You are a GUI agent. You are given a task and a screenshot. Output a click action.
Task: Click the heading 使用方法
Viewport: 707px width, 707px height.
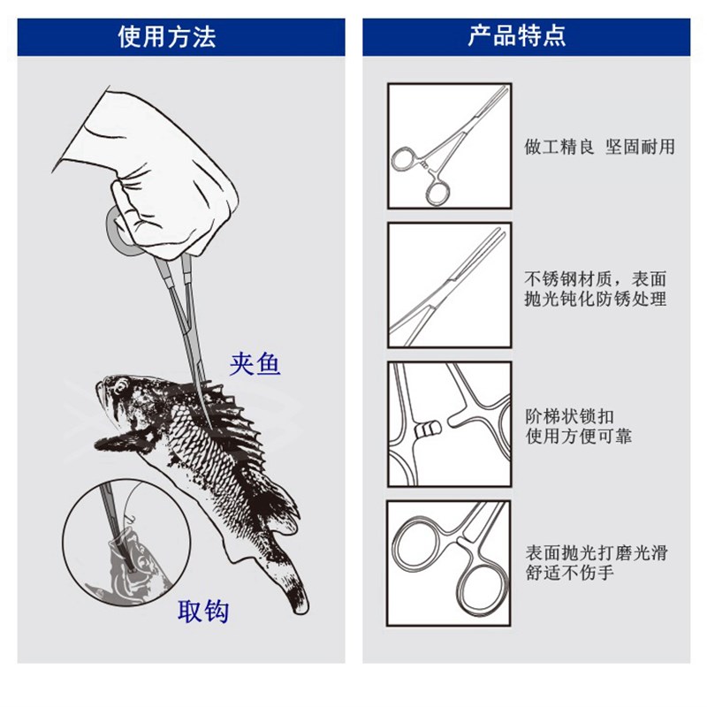(x=167, y=36)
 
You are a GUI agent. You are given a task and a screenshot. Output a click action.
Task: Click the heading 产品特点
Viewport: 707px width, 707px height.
(x=517, y=36)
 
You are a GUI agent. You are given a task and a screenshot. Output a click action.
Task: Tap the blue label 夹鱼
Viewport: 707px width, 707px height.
(x=255, y=363)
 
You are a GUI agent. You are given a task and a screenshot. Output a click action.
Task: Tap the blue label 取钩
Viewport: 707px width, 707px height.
(x=203, y=612)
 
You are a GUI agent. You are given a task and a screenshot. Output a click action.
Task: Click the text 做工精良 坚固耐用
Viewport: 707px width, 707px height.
(x=599, y=147)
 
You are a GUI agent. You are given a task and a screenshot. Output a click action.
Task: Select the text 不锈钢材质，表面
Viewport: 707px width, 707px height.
(x=596, y=276)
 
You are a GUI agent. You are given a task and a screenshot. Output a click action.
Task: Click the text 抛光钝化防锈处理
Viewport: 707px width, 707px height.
(x=596, y=299)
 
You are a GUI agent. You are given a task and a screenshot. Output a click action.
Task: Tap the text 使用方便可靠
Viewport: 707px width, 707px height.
(x=579, y=437)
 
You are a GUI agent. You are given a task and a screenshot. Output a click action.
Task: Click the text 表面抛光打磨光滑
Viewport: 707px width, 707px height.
(x=596, y=553)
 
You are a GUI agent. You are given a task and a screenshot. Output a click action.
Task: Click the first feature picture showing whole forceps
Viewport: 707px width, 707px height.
(x=449, y=145)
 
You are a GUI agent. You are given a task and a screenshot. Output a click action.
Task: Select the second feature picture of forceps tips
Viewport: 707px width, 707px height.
(x=449, y=284)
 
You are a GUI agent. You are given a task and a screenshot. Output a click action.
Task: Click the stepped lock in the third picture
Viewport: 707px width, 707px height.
(x=428, y=431)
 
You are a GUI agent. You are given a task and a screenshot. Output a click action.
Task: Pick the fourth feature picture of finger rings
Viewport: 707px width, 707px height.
(x=449, y=563)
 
